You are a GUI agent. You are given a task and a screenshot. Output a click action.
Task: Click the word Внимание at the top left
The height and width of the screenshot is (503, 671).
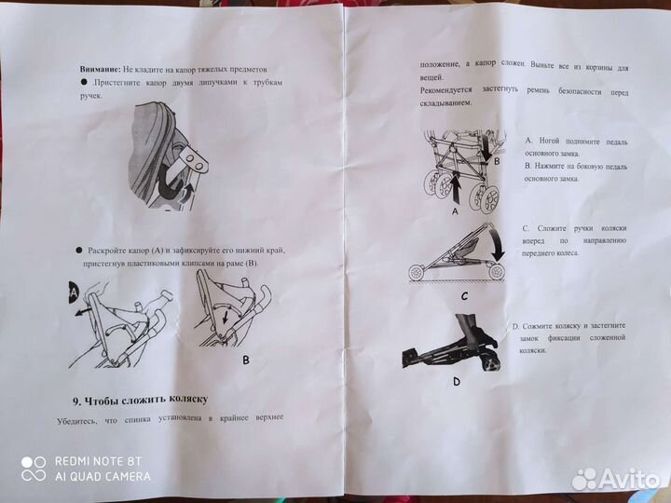click(100, 70)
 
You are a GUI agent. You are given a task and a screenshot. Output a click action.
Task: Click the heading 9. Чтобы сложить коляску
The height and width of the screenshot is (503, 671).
click(139, 400)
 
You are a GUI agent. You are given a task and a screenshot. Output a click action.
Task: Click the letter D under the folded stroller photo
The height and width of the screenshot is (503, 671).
click(456, 382)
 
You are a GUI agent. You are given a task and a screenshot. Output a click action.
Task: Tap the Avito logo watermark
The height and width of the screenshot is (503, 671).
click(616, 479)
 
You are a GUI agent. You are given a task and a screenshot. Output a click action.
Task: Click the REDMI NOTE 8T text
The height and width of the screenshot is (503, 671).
click(98, 461)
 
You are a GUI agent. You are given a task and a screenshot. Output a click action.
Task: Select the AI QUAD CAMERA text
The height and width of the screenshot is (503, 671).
click(102, 476)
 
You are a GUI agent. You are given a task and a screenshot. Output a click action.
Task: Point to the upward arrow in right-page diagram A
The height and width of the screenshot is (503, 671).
click(456, 191)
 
